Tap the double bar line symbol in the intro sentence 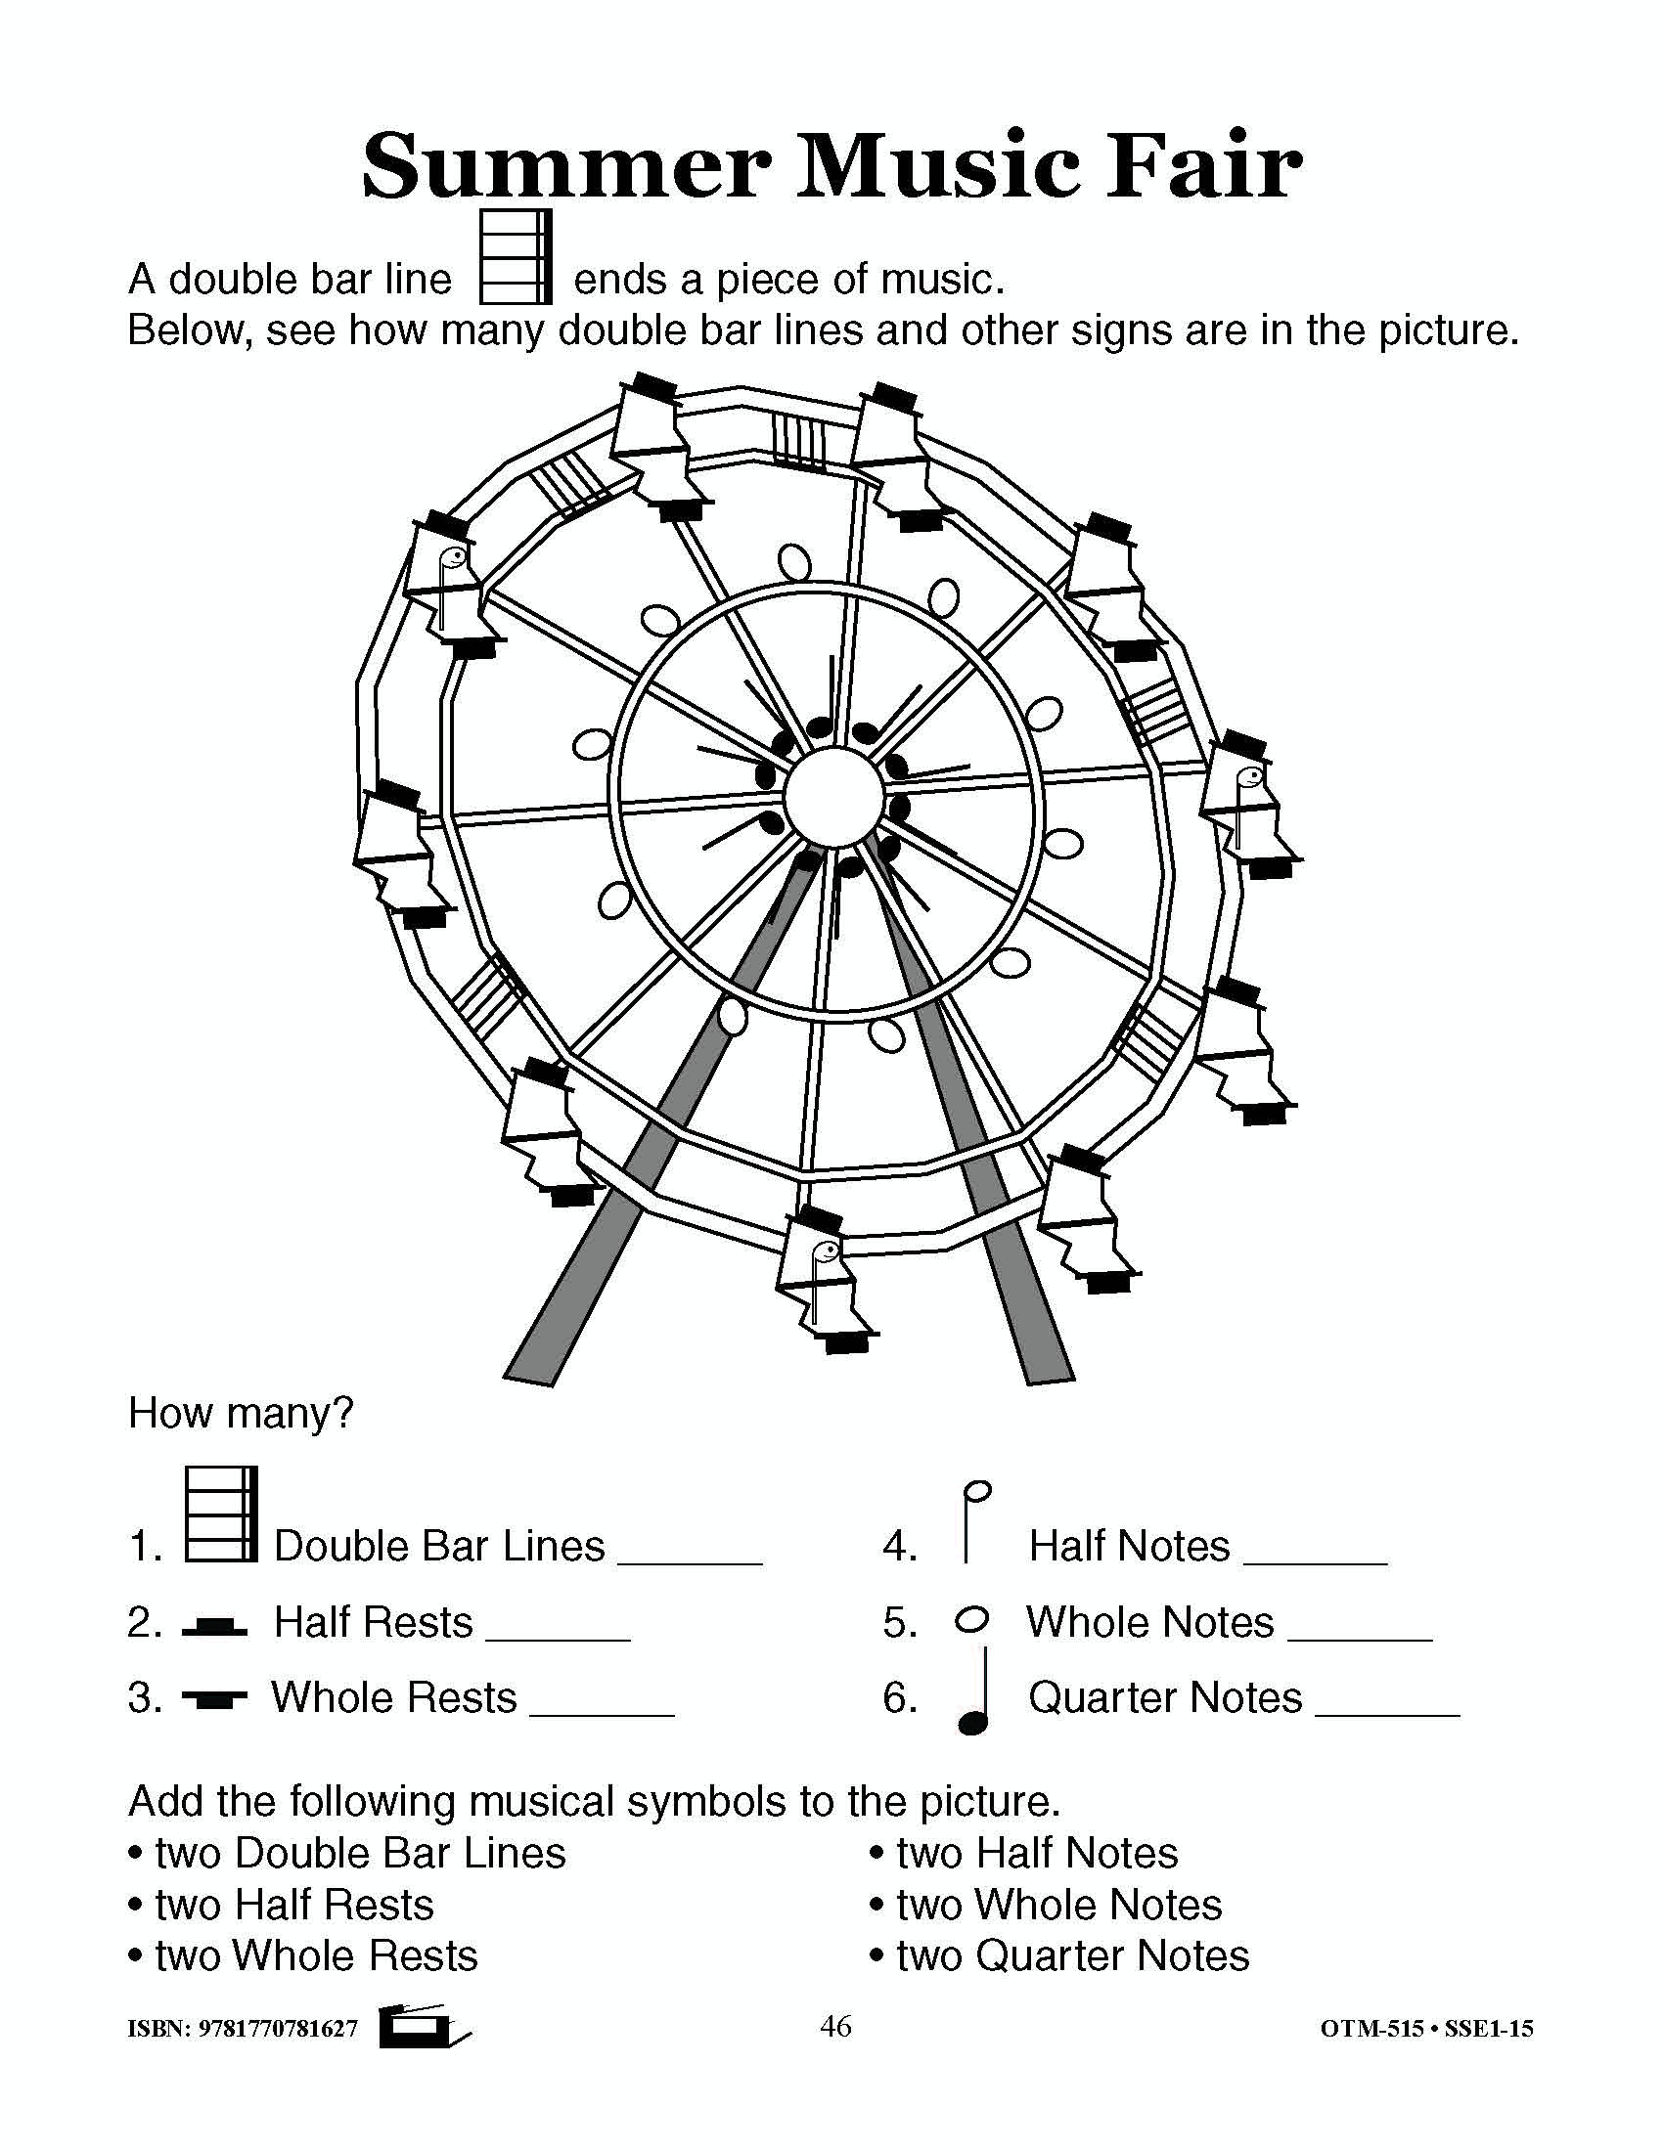(516, 256)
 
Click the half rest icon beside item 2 (215, 1626)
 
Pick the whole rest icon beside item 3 (215, 1698)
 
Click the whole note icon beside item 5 (972, 1620)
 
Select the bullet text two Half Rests (293, 1905)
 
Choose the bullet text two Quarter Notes (1072, 1956)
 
